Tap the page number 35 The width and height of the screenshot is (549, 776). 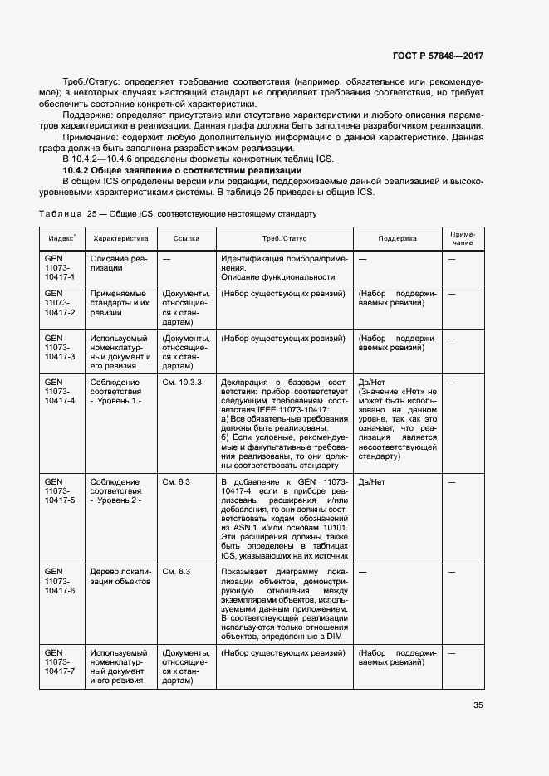pos(478,705)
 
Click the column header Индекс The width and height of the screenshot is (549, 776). pos(61,238)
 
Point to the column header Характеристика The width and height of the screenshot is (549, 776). pos(120,238)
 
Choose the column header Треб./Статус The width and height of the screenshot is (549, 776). pos(284,238)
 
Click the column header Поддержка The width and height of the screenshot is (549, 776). pos(397,238)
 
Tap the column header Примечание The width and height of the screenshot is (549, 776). pos(463,238)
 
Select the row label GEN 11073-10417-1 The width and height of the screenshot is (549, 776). pos(60,268)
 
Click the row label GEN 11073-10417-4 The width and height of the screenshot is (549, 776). pos(60,390)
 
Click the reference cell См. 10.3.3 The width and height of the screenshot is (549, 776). pos(182,381)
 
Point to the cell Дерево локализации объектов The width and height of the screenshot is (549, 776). pos(120,577)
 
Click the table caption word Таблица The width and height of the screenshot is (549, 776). pos(59,213)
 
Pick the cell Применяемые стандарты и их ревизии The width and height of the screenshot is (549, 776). pos(119,303)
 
